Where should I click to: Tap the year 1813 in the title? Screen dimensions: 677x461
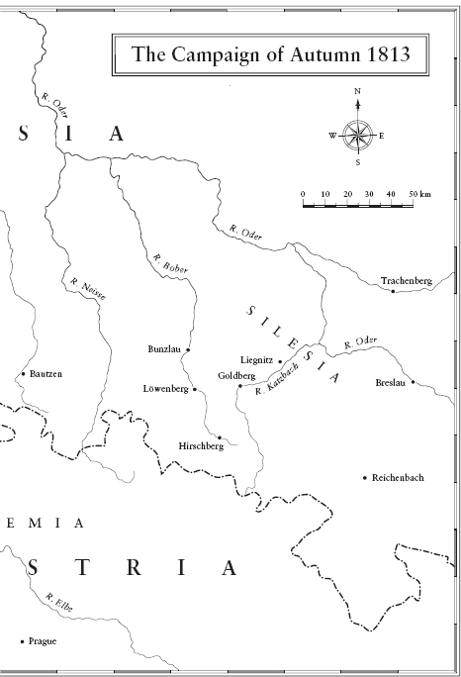pos(384,56)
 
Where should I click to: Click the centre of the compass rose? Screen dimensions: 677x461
pos(358,135)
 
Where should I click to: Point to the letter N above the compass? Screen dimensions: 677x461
pos(358,92)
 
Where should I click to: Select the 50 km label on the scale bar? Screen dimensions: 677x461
pos(420,193)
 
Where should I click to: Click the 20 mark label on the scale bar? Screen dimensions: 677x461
pos(347,193)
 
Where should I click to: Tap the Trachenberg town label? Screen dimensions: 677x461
pos(407,281)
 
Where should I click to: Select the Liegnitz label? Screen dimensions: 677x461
pos(256,359)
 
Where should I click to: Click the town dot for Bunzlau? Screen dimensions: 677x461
pos(187,349)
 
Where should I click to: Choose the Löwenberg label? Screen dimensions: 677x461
pos(165,389)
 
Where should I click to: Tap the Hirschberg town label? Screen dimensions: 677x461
pos(201,446)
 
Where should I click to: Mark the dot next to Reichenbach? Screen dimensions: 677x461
pos(366,477)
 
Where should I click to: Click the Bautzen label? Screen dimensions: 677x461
pos(46,374)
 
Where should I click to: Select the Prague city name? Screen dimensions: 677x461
pos(43,641)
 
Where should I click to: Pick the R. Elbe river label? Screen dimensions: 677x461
pos(57,602)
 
